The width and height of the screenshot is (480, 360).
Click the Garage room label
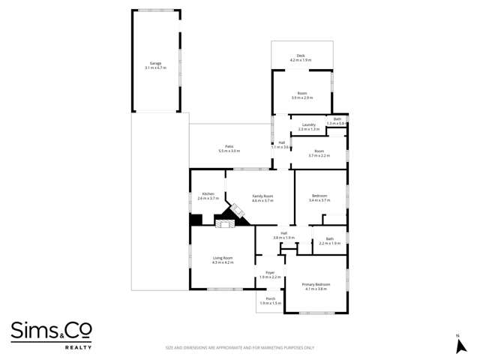pos(155,65)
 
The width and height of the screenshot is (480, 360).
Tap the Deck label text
pos(300,57)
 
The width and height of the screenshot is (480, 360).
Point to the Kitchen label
pos(208,196)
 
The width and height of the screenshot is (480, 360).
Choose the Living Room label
pos(223,260)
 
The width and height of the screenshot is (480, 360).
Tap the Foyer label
pos(270,274)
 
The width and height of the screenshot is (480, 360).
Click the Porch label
pos(270,301)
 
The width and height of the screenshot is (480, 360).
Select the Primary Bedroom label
pos(316,286)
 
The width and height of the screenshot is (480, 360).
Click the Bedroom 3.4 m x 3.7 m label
pos(319,198)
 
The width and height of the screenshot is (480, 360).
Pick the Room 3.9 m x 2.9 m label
pos(301,95)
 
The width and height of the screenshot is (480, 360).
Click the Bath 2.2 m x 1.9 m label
pos(330,241)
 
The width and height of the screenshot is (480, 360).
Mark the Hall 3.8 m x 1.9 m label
pos(284,235)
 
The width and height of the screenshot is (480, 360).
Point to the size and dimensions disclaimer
pos(239,347)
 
